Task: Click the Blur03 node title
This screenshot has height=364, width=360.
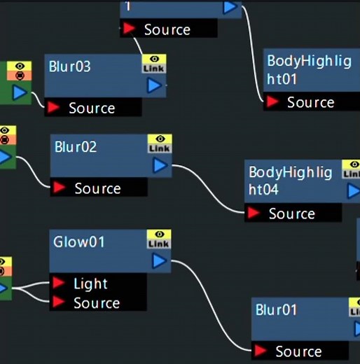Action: point(69,66)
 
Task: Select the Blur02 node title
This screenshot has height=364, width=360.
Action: point(76,147)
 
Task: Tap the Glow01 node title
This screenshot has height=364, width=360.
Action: point(78,241)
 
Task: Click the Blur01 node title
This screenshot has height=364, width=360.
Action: point(276,310)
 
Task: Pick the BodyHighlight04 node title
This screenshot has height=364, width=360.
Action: point(290,181)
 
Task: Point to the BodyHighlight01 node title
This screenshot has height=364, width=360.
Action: point(309,70)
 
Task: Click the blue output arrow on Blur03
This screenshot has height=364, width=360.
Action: point(154,85)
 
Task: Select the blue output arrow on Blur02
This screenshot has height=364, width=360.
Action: point(160,165)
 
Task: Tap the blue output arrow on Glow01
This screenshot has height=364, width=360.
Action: point(159,261)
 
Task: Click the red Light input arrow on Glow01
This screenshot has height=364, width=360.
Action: point(58,283)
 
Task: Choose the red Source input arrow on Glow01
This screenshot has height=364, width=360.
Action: point(58,302)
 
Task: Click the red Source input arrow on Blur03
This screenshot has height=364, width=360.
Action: point(53,107)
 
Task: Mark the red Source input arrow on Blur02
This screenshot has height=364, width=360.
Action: point(59,188)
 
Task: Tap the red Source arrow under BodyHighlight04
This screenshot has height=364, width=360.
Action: point(254,213)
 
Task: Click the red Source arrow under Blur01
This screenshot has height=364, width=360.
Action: point(261,351)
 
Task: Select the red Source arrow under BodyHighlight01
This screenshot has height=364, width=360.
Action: point(272,101)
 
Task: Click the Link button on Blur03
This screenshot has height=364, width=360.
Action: point(154,69)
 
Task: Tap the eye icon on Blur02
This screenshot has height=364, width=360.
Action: point(160,139)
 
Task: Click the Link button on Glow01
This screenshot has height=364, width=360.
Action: point(159,244)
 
